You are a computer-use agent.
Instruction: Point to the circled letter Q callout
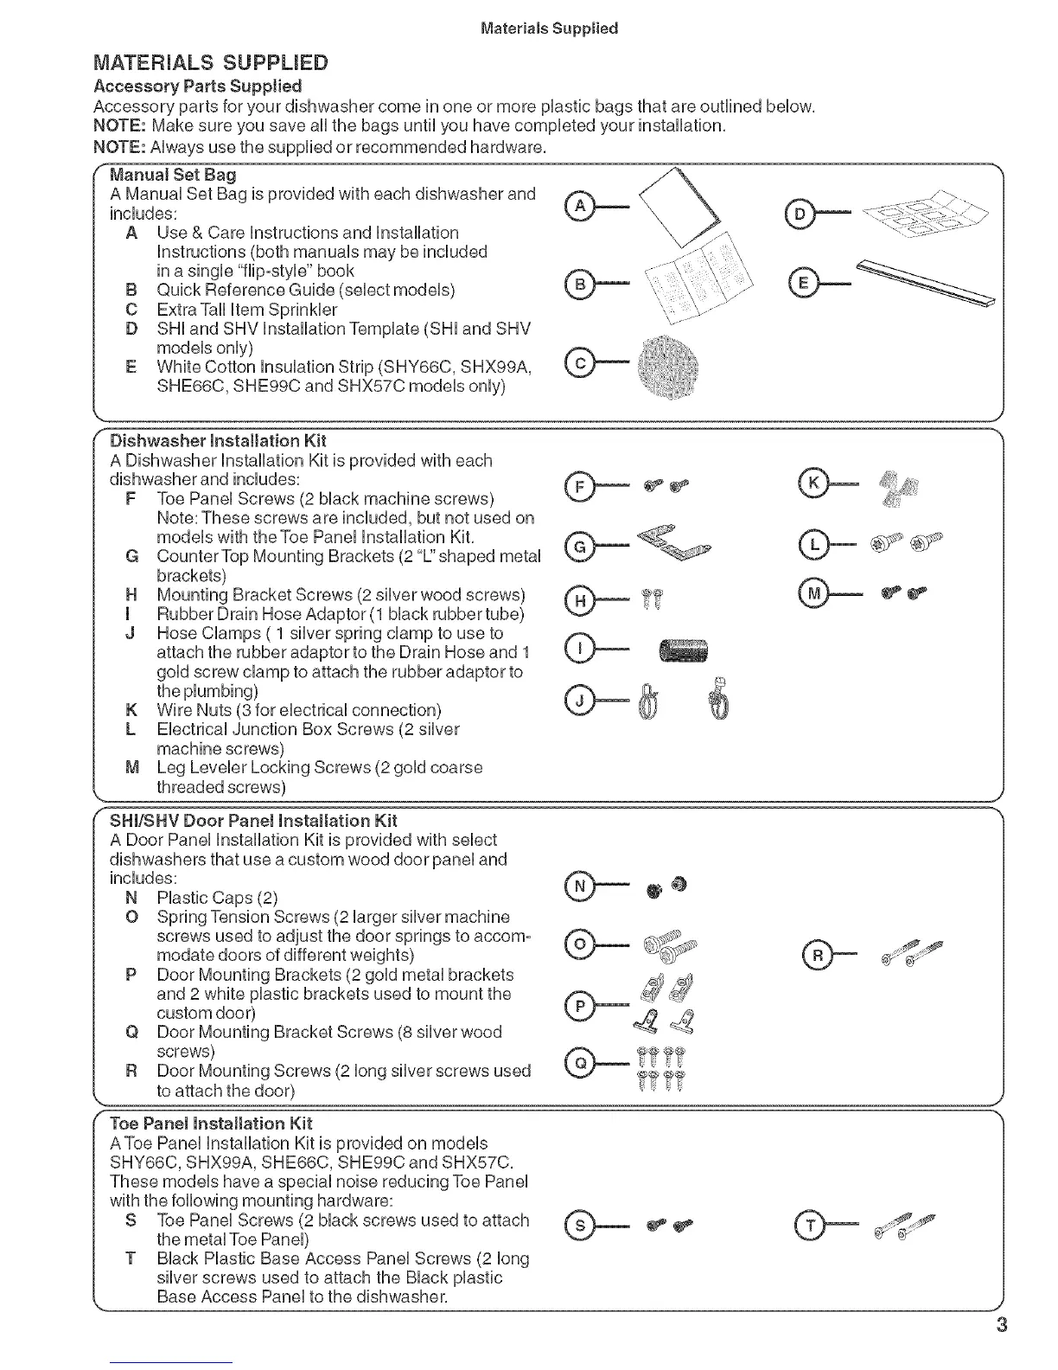(580, 1061)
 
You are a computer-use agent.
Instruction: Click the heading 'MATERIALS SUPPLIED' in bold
(211, 63)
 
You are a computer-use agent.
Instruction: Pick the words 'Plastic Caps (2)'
(217, 897)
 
